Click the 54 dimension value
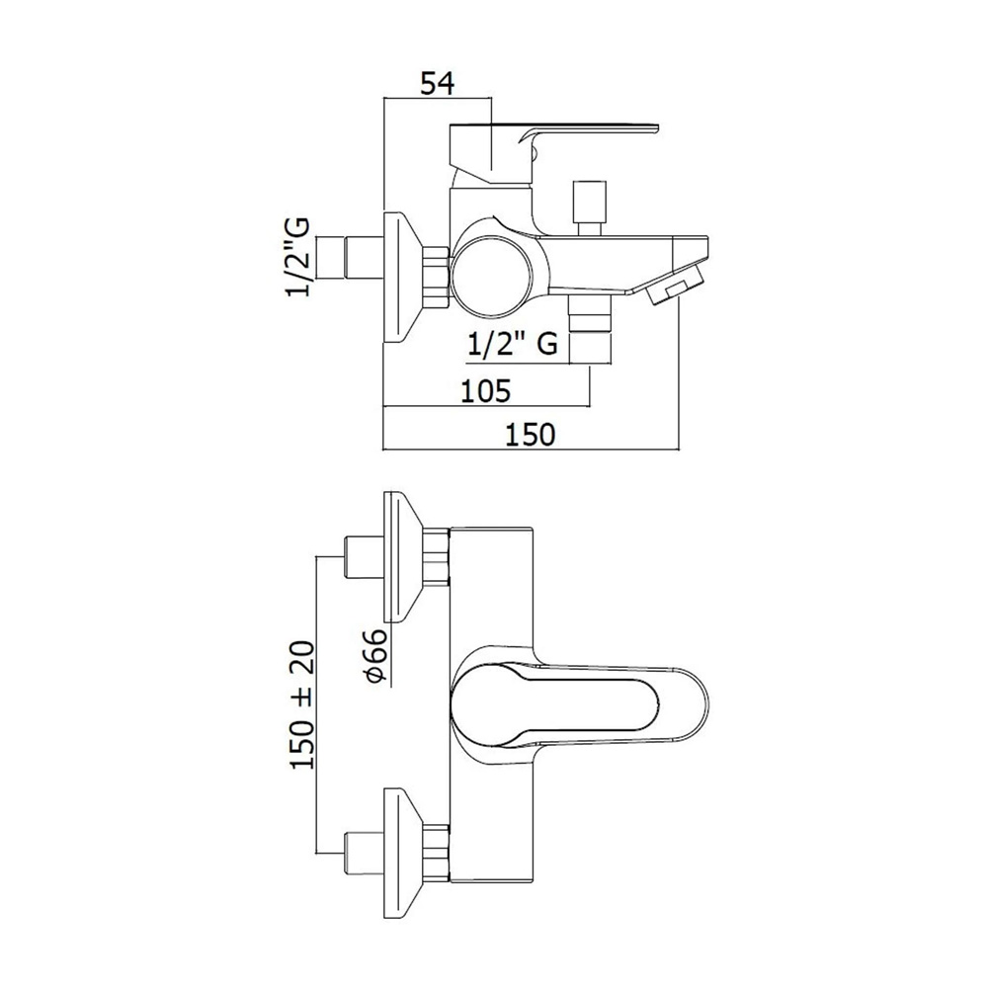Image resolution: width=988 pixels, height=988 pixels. click(438, 83)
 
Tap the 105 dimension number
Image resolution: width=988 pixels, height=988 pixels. click(485, 391)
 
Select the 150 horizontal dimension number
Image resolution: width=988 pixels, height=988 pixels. click(531, 435)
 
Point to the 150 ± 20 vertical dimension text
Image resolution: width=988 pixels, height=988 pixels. click(302, 704)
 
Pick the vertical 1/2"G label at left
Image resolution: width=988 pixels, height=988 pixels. click(299, 257)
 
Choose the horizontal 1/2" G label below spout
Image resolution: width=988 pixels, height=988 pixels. click(513, 345)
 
